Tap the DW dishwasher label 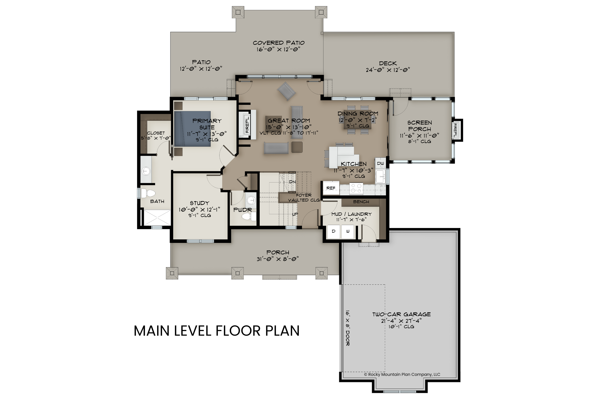(380, 163)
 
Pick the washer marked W (347, 231)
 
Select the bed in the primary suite (193, 129)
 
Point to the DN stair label (292, 182)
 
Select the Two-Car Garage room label (401, 314)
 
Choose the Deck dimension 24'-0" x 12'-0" (388, 70)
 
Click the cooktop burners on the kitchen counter (356, 188)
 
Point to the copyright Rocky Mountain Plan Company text (402, 374)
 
